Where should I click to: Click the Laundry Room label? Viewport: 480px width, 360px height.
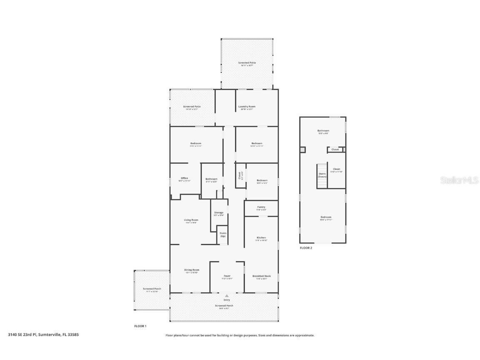coord(247,107)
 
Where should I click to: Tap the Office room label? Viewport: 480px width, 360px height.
coord(184,178)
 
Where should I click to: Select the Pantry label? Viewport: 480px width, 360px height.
coord(261,207)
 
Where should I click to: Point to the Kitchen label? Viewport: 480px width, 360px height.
coord(261,238)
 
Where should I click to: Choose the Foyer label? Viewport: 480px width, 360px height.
coord(227,276)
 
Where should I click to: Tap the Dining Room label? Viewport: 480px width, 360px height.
coord(192,270)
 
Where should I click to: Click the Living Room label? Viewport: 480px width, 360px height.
coord(191,220)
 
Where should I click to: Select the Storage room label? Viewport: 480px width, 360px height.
coord(219,213)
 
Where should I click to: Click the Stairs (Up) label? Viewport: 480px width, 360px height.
coord(223,235)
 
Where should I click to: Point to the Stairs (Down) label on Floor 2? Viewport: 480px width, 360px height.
coord(322,175)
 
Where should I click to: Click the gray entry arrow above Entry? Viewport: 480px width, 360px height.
coord(227,296)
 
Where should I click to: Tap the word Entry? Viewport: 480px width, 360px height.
coord(227,300)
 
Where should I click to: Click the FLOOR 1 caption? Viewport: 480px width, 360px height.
coord(140,326)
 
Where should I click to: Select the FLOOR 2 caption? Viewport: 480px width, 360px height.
coord(306,248)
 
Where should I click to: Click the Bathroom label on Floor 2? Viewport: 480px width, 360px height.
coord(323,131)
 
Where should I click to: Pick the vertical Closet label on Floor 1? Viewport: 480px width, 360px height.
coord(239,175)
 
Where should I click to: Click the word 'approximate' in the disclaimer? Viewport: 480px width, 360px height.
coord(305,335)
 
